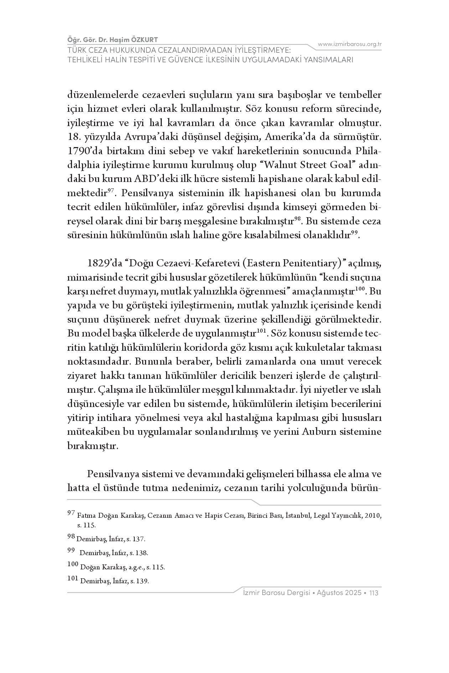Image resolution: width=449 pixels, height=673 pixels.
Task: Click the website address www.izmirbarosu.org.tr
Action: [x=350, y=44]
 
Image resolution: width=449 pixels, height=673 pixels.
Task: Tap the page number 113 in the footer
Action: [x=374, y=593]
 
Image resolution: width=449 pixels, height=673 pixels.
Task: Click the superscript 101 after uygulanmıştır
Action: [x=262, y=332]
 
